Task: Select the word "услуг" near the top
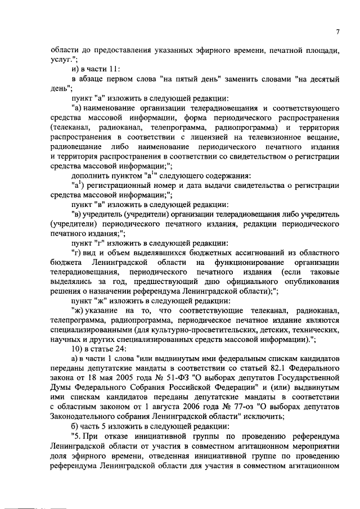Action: tap(60, 58)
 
